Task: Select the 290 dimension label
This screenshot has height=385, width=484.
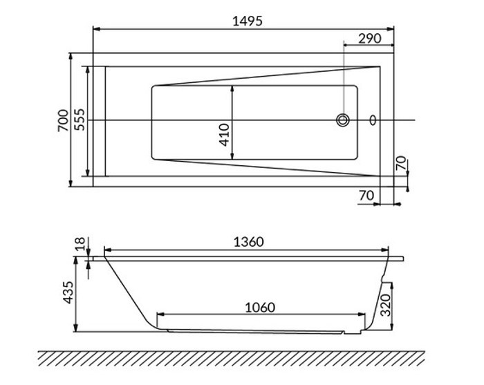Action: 370,39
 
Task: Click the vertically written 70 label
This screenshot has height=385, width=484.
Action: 400,164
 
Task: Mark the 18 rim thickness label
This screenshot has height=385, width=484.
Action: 80,243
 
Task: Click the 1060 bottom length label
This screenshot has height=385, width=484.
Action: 259,307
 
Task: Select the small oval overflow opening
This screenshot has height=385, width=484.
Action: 374,120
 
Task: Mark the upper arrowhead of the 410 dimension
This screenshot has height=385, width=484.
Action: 232,89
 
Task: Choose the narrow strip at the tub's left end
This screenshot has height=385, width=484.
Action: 99,121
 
